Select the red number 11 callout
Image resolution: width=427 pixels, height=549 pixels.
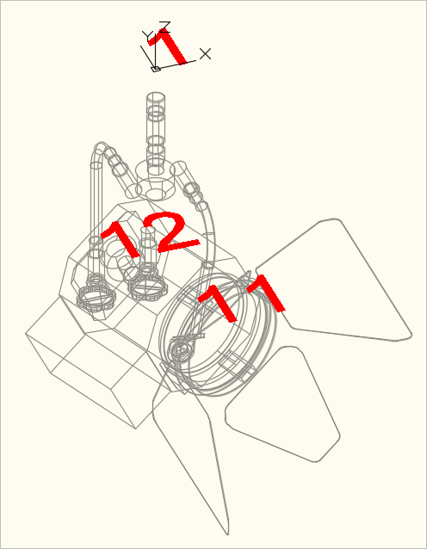242,299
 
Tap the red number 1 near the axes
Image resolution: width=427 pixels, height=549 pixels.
168,47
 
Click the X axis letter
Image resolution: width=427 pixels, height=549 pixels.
205,54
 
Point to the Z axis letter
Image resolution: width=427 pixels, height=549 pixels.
165,27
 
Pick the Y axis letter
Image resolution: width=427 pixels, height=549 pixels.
147,36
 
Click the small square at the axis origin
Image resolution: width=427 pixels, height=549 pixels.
156,69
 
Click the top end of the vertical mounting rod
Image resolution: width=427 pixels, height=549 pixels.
156,97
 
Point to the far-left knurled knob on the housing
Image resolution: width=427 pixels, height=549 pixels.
96,299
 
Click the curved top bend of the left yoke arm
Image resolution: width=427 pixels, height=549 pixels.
102,147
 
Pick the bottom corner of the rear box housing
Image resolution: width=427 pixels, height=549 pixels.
135,429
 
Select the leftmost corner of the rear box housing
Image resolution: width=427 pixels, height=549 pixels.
26,334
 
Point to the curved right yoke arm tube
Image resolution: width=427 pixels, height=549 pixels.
213,231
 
